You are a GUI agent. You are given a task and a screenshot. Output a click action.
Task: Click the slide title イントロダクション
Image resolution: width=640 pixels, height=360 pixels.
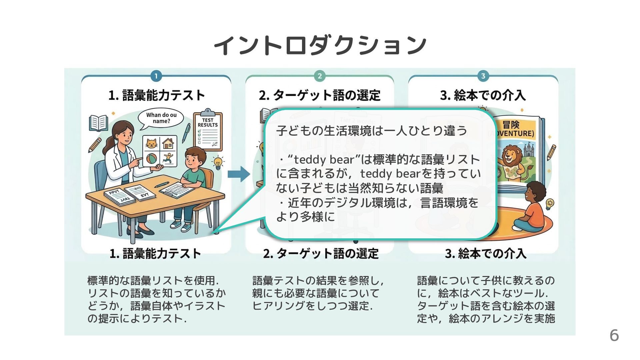pyautogui.click(x=320, y=45)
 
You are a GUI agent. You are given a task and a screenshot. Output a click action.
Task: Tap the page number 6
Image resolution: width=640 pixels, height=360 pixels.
pyautogui.click(x=614, y=335)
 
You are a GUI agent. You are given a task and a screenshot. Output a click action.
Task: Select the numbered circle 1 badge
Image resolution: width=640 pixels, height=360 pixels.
pyautogui.click(x=156, y=76)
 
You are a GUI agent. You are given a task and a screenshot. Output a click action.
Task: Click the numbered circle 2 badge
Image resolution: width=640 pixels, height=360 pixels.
pyautogui.click(x=319, y=76)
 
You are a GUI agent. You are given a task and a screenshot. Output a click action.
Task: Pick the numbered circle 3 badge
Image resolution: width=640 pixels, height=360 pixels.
pyautogui.click(x=483, y=76)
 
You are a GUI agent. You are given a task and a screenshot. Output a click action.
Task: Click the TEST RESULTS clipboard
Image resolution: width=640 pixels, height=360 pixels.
pyautogui.click(x=208, y=130)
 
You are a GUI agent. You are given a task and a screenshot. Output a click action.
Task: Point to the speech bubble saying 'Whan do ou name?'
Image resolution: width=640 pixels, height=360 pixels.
pyautogui.click(x=161, y=118)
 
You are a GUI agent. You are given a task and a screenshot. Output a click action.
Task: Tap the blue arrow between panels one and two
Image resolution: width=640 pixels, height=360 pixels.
pyautogui.click(x=238, y=174)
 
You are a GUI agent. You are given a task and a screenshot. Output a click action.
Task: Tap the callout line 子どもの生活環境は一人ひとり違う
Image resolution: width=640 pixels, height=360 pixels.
pyautogui.click(x=372, y=131)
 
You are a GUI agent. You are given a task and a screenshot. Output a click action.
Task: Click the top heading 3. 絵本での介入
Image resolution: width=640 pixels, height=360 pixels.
pyautogui.click(x=483, y=96)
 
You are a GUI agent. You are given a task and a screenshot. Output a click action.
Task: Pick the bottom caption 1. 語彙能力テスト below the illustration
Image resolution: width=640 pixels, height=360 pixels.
pyautogui.click(x=155, y=254)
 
